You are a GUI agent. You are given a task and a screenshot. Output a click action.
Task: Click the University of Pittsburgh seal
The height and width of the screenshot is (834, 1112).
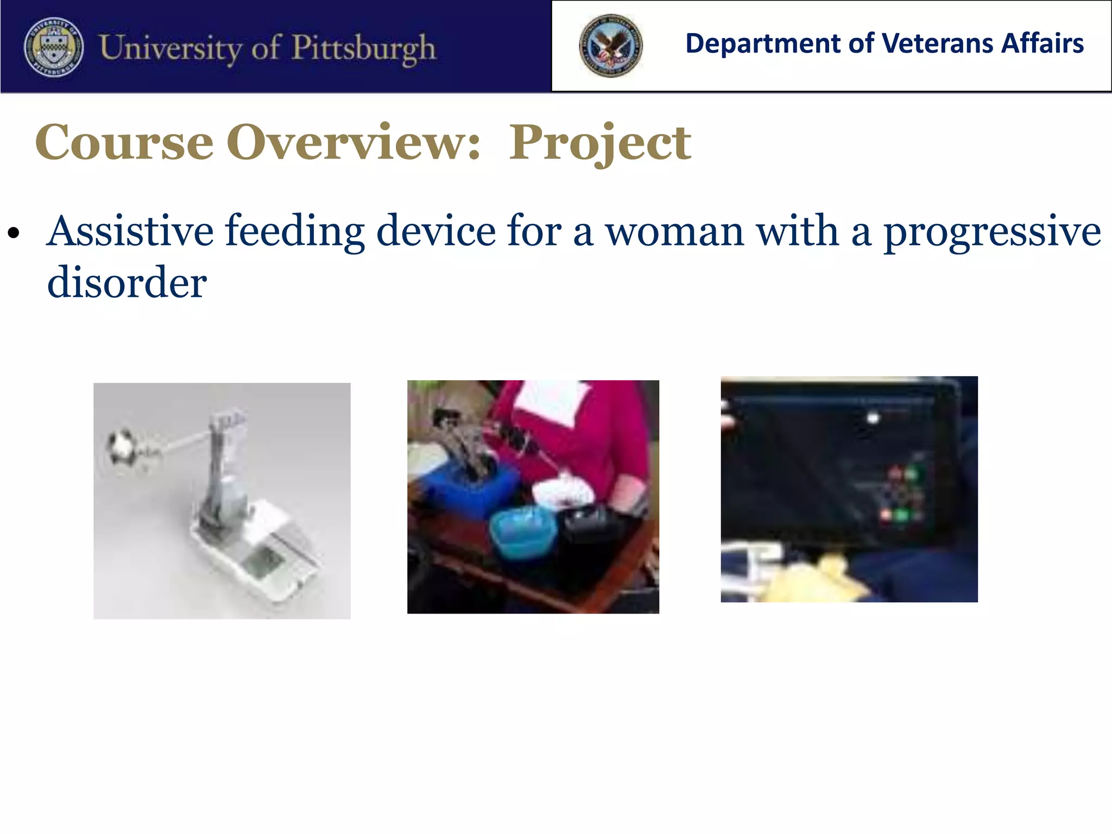tap(54, 47)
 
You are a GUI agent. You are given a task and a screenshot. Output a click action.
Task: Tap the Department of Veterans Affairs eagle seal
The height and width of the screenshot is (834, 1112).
tap(610, 46)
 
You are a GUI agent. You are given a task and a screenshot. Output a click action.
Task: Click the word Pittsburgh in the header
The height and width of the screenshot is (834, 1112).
tap(363, 48)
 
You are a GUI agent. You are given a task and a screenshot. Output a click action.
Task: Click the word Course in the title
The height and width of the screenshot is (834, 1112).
tap(124, 142)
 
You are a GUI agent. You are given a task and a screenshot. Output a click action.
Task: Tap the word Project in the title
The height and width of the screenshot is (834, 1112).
tap(599, 143)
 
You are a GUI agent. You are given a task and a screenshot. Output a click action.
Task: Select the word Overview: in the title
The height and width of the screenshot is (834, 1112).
tap(353, 142)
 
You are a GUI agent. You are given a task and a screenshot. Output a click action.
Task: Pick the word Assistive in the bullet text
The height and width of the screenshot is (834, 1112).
tap(130, 231)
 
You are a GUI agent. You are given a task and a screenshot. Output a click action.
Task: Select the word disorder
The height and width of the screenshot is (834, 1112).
tap(127, 283)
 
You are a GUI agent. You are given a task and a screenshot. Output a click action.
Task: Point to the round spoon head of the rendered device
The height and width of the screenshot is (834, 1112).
tap(123, 448)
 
